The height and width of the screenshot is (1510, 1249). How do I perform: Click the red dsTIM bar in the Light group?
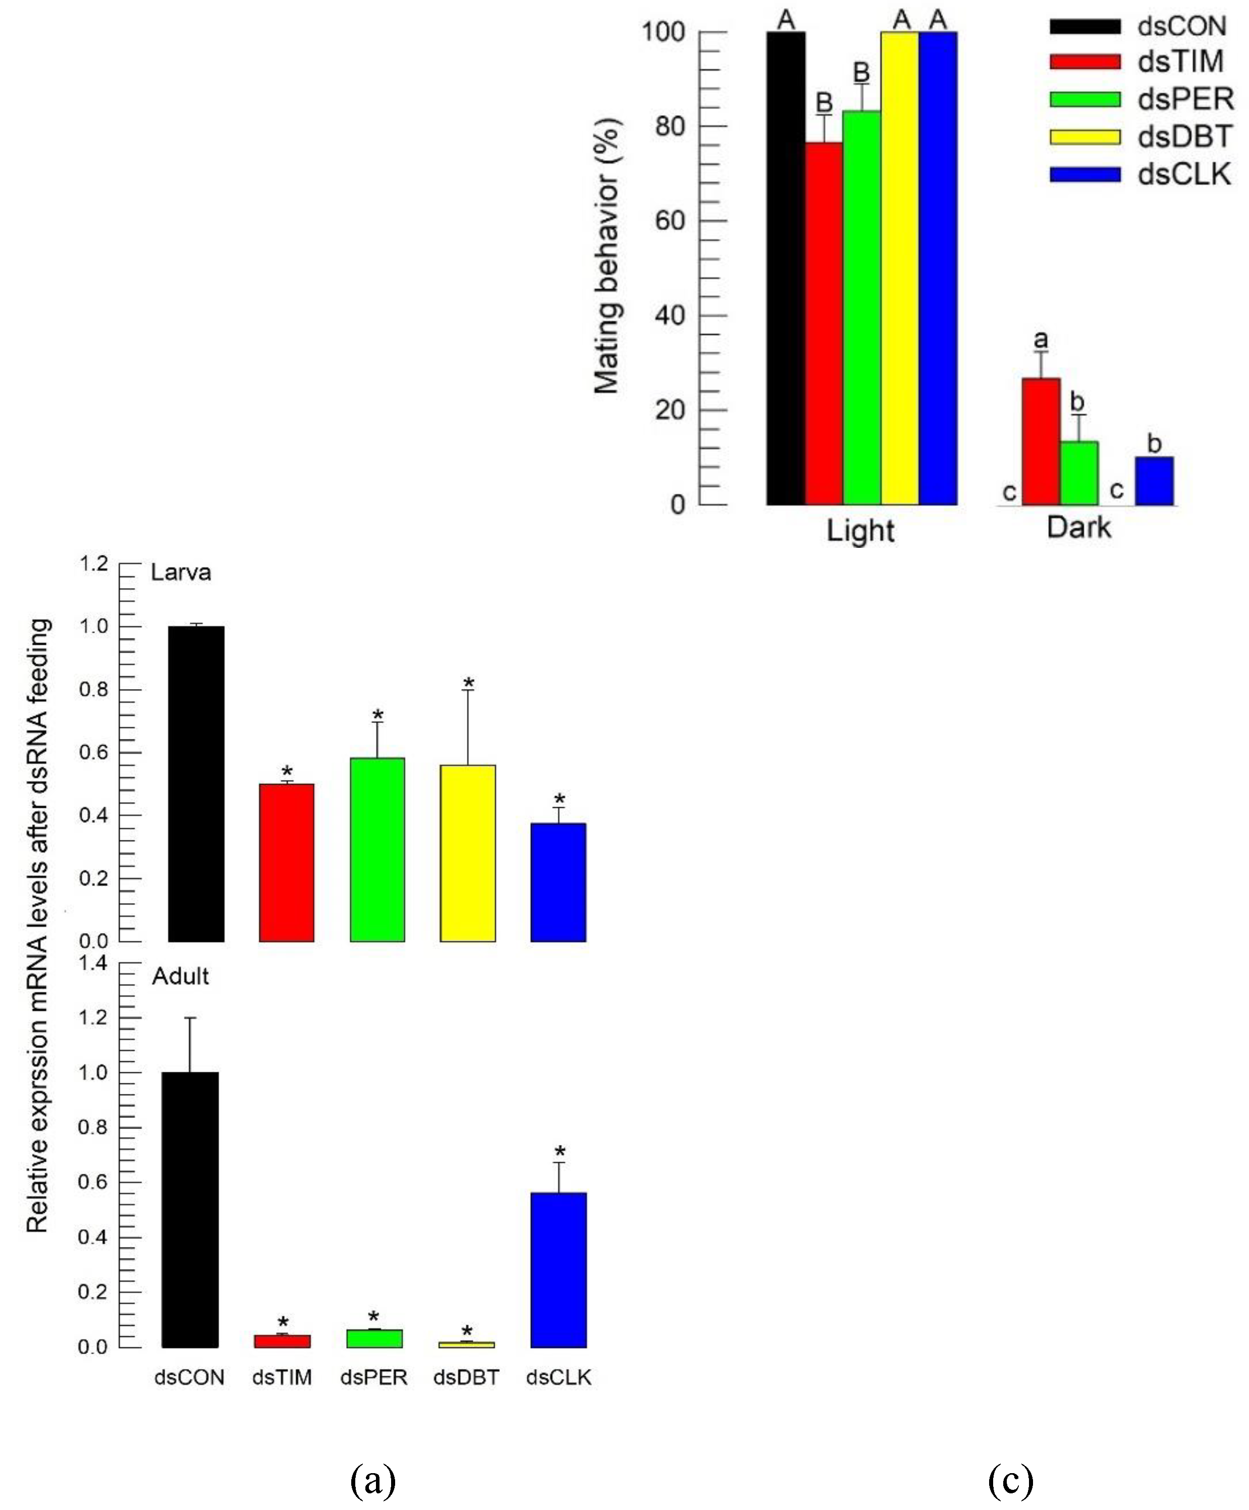(824, 324)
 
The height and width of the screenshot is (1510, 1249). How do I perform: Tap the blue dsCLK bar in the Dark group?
(1154, 481)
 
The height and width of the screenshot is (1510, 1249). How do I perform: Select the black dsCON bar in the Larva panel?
(196, 784)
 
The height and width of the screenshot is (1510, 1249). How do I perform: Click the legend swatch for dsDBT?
(1084, 137)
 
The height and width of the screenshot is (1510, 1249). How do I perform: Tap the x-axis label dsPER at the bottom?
(374, 1378)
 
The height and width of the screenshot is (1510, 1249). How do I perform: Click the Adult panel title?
(180, 976)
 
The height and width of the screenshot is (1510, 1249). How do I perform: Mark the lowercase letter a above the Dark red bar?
(1040, 339)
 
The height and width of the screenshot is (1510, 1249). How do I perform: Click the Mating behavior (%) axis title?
(607, 256)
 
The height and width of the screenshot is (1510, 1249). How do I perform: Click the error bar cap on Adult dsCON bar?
(190, 1017)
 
